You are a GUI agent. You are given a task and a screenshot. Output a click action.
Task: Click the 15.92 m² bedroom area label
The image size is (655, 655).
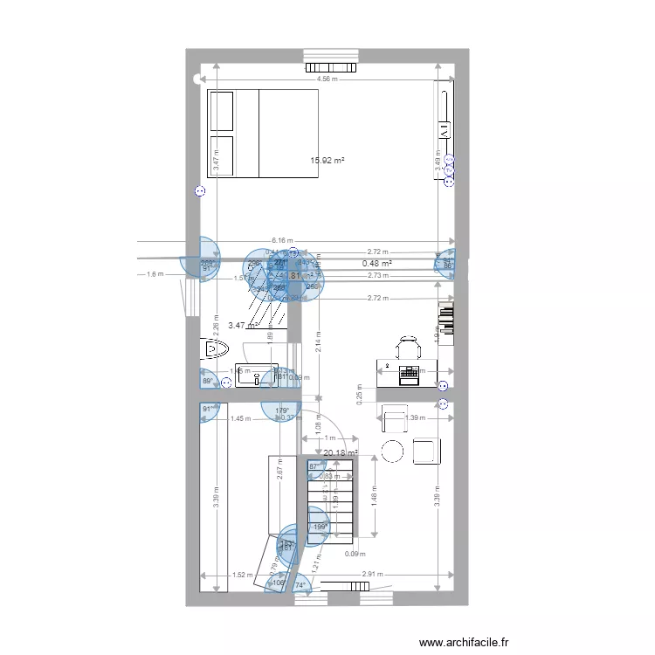(x=327, y=161)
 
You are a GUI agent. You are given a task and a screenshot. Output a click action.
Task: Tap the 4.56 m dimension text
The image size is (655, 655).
(x=327, y=79)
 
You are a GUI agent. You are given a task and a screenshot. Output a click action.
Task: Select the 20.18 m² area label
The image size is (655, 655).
(x=341, y=453)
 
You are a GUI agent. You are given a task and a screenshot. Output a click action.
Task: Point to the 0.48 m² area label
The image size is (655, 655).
(x=376, y=263)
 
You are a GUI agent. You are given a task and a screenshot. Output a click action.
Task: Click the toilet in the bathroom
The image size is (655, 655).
(x=214, y=350)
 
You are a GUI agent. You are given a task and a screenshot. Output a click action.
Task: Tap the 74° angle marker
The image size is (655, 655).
(x=300, y=584)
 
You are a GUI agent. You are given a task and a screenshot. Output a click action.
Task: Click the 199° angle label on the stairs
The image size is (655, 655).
(x=320, y=527)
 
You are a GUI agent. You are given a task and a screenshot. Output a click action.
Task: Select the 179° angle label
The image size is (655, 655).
(x=282, y=410)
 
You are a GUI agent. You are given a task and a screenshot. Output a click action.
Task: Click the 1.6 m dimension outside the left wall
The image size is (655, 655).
(x=155, y=274)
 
